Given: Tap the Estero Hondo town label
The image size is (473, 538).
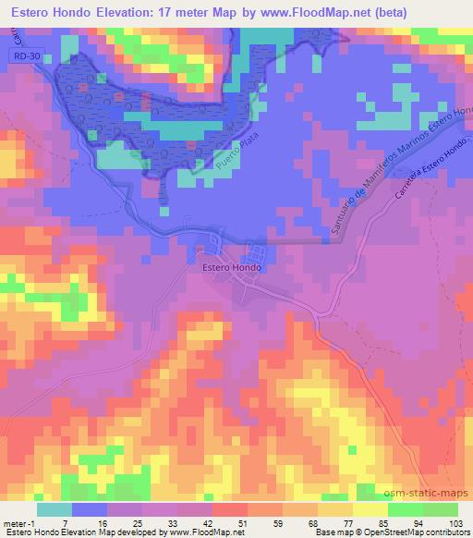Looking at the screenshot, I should pos(232,268).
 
